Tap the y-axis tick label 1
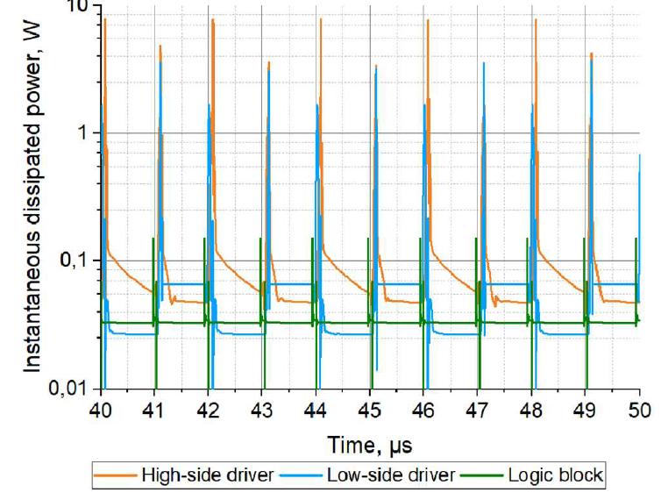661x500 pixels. click(x=82, y=133)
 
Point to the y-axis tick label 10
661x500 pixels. click(x=77, y=7)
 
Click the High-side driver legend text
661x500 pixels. click(x=208, y=475)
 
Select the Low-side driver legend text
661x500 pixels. click(x=390, y=475)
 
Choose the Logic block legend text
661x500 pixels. click(x=557, y=475)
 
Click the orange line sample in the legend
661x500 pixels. click(x=115, y=476)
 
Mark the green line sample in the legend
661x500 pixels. click(x=487, y=476)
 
